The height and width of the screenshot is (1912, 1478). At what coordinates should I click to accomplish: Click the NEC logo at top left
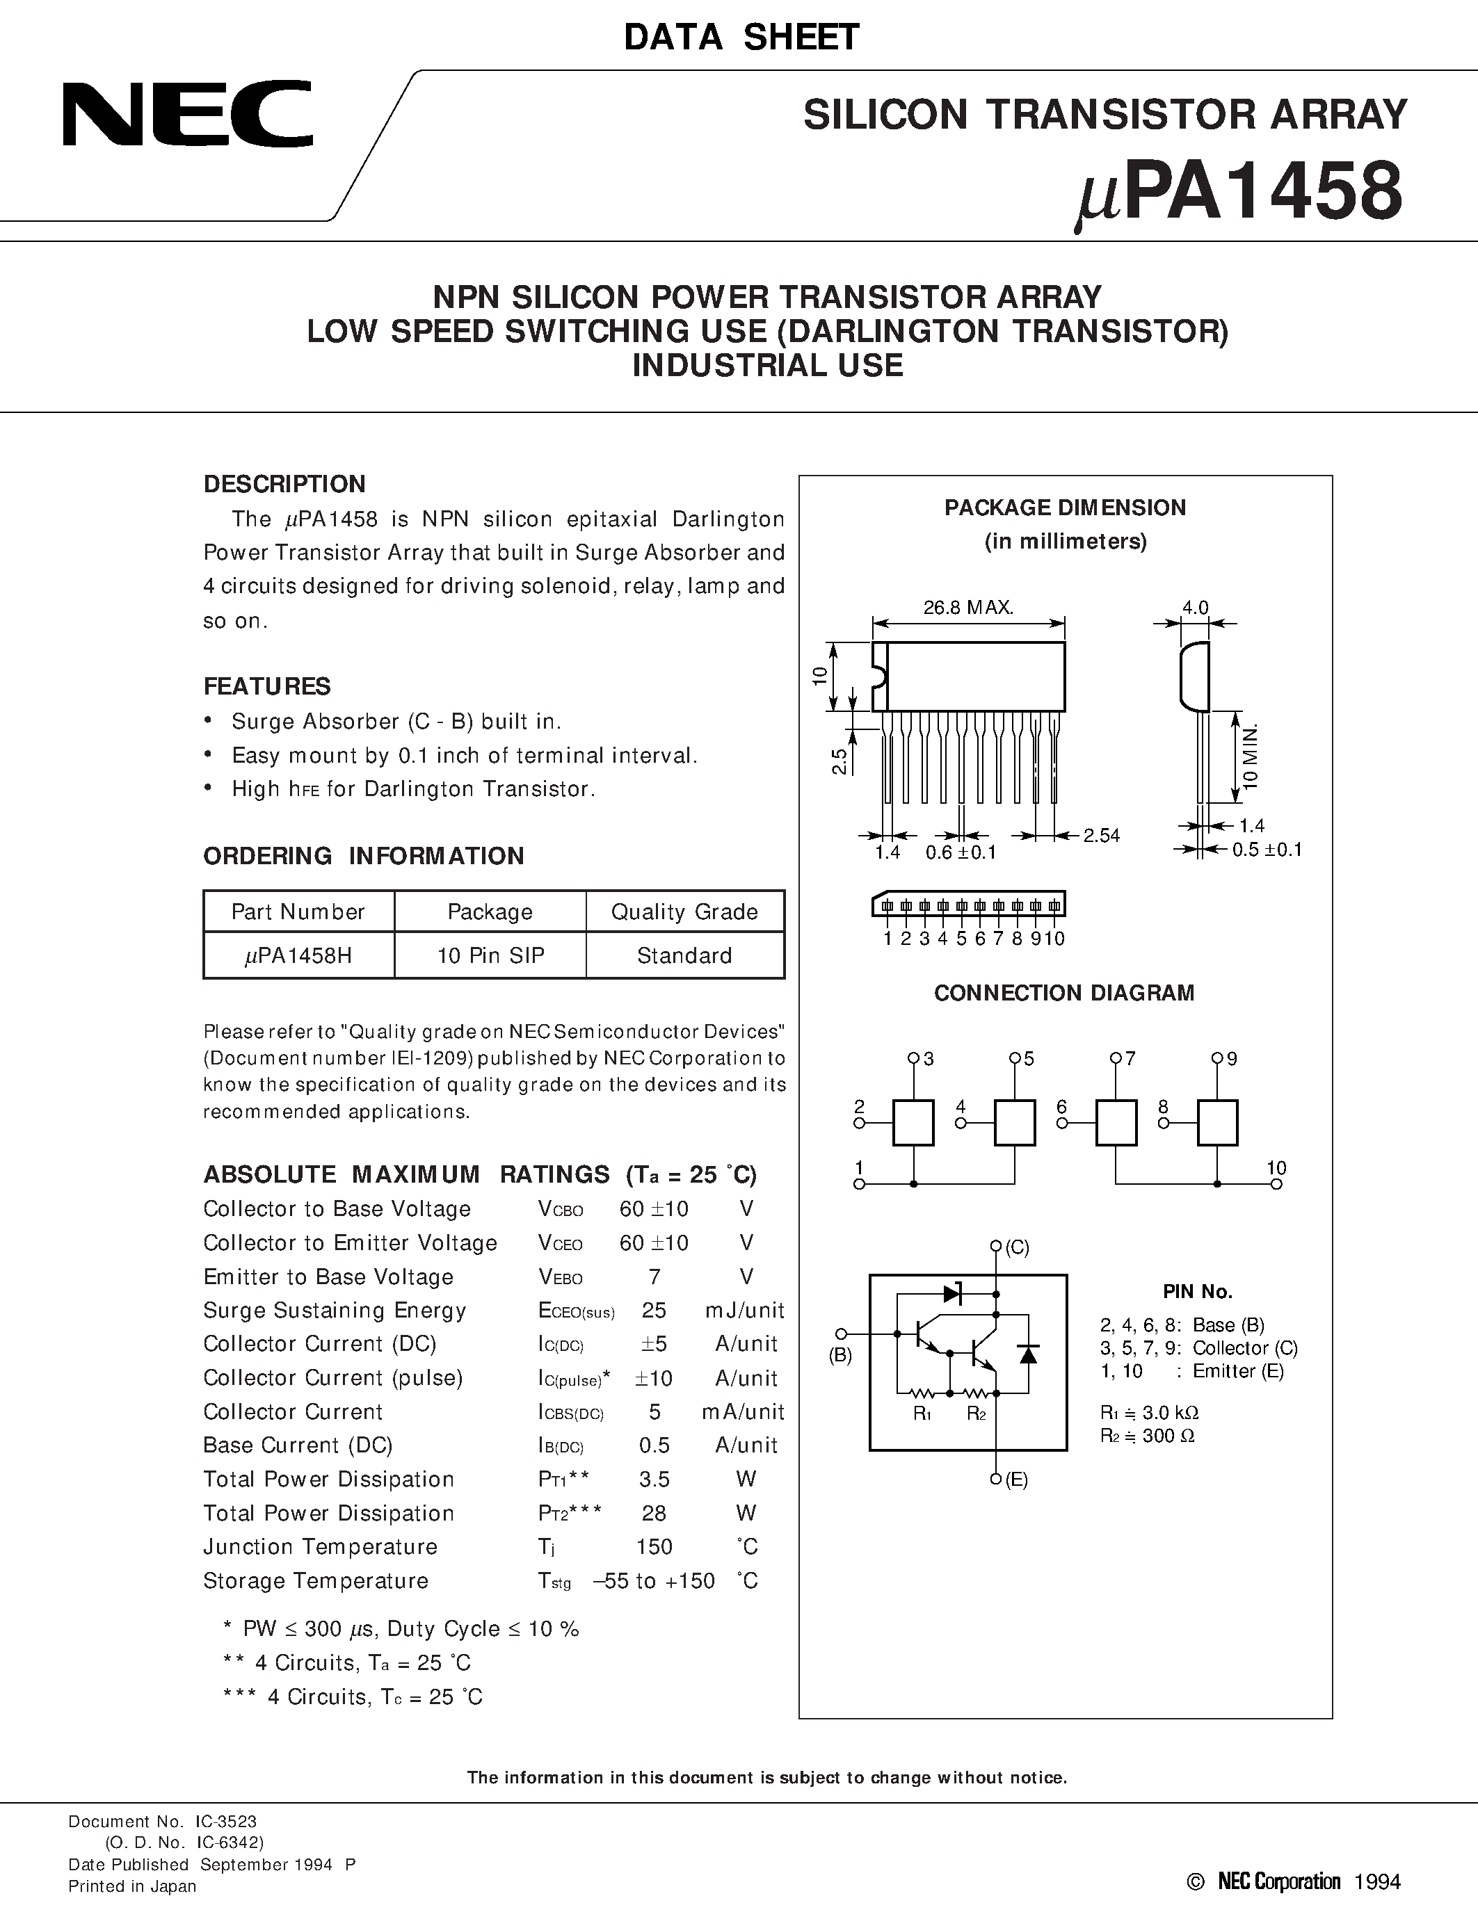point(186,115)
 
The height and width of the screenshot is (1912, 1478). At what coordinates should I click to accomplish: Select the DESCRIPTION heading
point(284,484)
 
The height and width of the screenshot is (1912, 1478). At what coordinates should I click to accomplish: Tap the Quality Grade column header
point(684,912)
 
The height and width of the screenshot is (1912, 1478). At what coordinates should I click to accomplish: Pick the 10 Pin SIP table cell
point(490,956)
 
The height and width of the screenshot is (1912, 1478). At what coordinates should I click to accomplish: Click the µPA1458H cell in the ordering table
point(298,956)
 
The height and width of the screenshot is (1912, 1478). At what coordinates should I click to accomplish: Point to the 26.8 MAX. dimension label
point(967,608)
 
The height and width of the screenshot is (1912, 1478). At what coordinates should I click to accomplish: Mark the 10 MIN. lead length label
point(1251,757)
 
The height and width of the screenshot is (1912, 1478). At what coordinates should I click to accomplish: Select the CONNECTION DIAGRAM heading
point(1064,993)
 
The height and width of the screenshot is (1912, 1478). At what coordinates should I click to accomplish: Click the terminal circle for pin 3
point(913,1058)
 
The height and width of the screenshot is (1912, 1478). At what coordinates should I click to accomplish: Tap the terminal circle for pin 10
point(1276,1185)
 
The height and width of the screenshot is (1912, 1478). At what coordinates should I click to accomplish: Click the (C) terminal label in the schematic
point(1017,1247)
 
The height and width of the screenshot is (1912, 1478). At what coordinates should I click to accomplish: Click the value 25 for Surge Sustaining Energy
point(653,1311)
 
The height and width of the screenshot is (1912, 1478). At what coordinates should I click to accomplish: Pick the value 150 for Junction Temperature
point(653,1547)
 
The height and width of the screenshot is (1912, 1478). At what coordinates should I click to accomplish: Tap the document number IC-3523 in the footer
point(226,1822)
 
